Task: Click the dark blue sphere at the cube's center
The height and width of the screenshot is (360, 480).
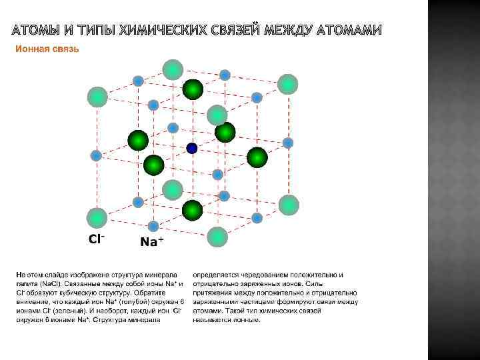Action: pyautogui.click(x=192, y=148)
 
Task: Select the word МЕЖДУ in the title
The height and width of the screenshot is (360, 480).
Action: pyautogui.click(x=287, y=31)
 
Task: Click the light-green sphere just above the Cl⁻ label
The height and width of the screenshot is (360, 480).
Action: pyautogui.click(x=97, y=217)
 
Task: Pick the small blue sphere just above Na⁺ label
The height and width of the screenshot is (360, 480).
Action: pyautogui.click(x=153, y=226)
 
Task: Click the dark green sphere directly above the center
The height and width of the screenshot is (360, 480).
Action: pyautogui.click(x=193, y=89)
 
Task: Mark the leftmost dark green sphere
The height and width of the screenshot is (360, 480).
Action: pyautogui.click(x=138, y=140)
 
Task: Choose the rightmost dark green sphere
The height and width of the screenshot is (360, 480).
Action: pyautogui.click(x=257, y=157)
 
